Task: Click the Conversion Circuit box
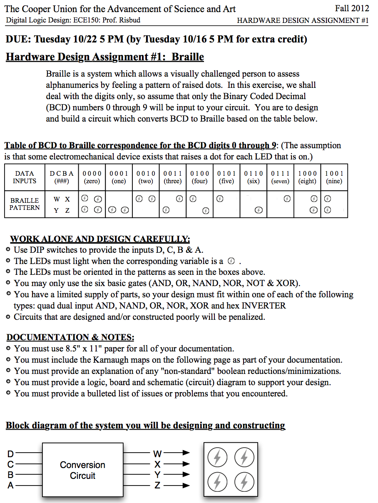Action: click(82, 470)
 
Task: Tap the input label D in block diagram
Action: click(11, 453)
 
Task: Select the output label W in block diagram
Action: click(157, 453)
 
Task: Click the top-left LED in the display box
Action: click(217, 458)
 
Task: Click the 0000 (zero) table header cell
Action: click(92, 177)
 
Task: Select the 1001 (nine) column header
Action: click(334, 177)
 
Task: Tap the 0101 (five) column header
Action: click(226, 177)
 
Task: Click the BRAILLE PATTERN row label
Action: click(25, 204)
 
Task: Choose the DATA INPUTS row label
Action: click(25, 177)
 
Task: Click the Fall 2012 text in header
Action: click(352, 9)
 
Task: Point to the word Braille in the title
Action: click(188, 57)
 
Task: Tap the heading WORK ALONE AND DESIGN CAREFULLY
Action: click(100, 239)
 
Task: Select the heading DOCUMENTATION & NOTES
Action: click(70, 337)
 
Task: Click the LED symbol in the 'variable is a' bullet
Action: click(232, 261)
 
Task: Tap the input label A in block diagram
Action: click(11, 485)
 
